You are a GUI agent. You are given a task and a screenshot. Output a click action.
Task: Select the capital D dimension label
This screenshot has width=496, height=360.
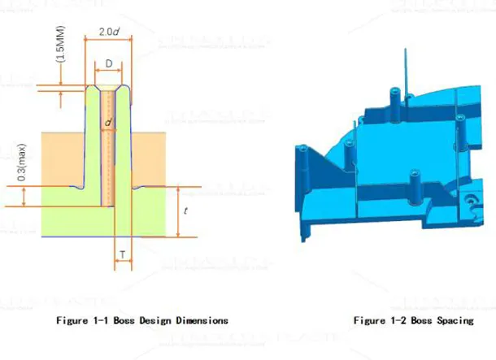[x=109, y=63]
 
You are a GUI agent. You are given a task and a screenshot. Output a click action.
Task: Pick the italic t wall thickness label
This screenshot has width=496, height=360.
[x=187, y=210]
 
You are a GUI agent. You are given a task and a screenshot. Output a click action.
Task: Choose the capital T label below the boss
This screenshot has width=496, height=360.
[x=122, y=255]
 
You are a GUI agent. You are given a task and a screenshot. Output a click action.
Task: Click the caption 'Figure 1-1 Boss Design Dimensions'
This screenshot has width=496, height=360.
[x=142, y=320]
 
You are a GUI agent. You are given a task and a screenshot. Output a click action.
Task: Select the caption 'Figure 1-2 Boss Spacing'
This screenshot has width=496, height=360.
[x=413, y=320]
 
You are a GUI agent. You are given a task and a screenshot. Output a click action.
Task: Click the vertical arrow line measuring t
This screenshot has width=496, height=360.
[x=176, y=211]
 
